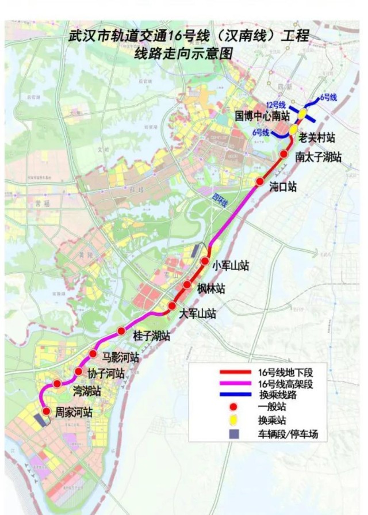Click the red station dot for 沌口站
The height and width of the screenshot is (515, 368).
coord(260,182)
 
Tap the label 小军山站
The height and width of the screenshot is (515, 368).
coord(231,265)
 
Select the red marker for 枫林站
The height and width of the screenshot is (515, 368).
coord(187,285)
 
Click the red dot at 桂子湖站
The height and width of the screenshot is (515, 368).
coord(121,330)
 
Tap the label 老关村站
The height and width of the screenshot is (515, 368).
coord(317,138)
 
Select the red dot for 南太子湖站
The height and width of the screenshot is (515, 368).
coord(283,154)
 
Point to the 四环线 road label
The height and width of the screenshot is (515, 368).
coord(219,202)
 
